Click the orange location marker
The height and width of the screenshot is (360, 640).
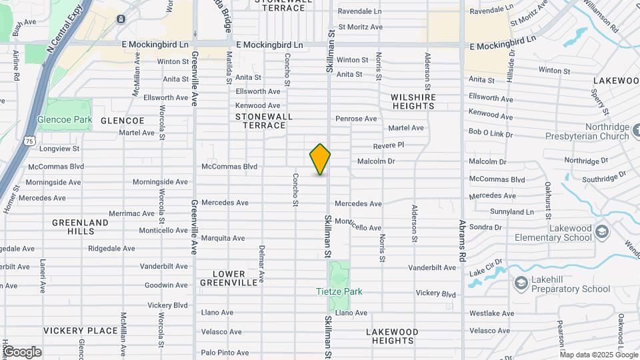[320, 159]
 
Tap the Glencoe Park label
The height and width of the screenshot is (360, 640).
[65, 121]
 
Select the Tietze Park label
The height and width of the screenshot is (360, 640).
[339, 291]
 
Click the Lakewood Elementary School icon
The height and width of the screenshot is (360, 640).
[602, 231]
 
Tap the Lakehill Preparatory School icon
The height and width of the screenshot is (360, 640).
[519, 283]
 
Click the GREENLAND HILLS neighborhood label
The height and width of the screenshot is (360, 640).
[80, 227]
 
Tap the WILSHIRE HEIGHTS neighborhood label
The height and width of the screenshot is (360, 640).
[413, 101]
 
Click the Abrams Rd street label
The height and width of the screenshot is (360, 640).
[461, 240]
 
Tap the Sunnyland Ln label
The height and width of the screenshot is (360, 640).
[512, 212]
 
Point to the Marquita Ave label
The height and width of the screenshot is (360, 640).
[223, 238]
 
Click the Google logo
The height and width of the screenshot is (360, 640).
[22, 351]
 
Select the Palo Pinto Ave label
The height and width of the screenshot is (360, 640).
[225, 352]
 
